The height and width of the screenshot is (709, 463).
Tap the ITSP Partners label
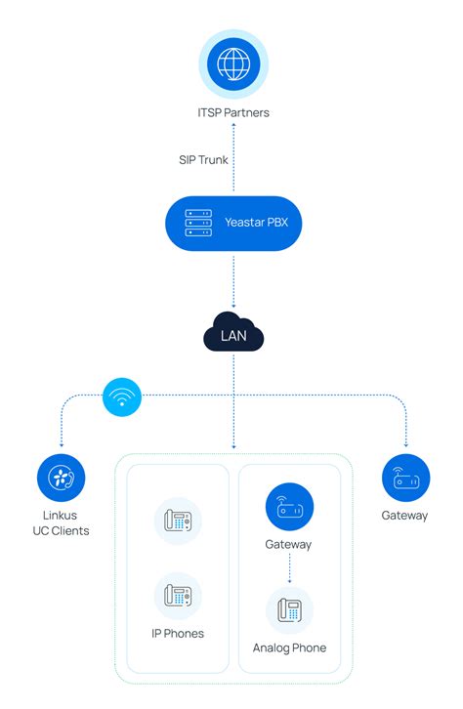tap(232, 112)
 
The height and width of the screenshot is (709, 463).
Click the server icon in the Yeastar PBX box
tap(198, 223)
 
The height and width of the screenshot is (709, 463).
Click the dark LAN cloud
tap(232, 336)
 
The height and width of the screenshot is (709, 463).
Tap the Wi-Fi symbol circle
tap(122, 396)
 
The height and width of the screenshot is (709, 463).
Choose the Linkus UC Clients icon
tap(61, 479)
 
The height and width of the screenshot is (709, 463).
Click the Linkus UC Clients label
tap(61, 522)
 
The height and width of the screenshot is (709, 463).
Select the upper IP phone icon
tap(178, 521)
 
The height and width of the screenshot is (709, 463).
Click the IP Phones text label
tap(178, 633)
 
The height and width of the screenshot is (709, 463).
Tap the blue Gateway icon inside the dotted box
tap(289, 507)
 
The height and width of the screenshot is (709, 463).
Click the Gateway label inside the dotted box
tap(289, 544)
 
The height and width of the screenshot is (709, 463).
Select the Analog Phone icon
tap(289, 610)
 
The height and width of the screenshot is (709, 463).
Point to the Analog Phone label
tap(289, 647)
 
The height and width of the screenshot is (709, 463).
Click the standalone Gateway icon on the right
tap(405, 479)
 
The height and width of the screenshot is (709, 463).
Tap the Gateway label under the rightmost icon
tap(405, 515)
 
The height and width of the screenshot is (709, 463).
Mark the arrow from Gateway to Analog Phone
tap(289, 568)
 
